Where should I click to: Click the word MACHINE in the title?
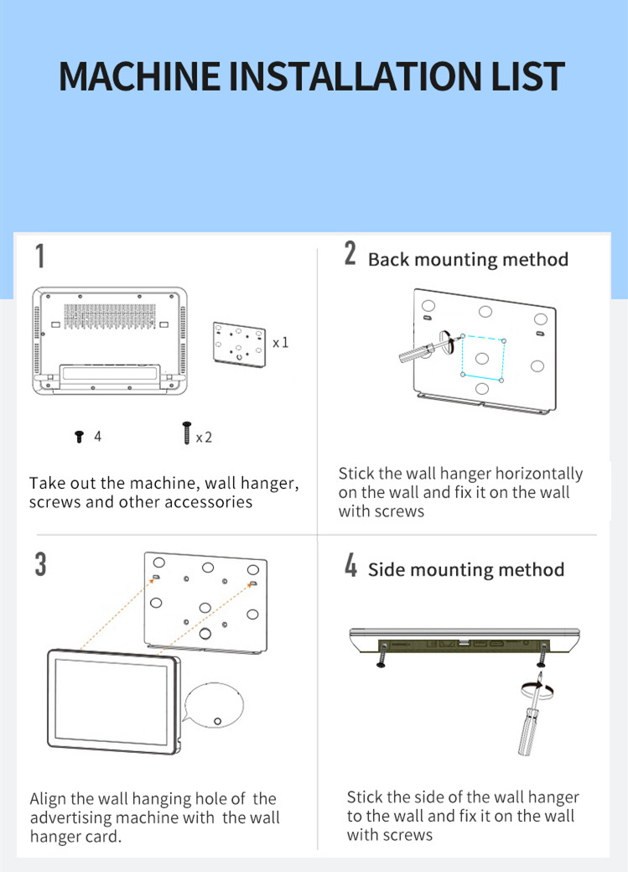pyautogui.click(x=140, y=76)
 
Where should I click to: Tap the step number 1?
pyautogui.click(x=40, y=256)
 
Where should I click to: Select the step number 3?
pyautogui.click(x=40, y=564)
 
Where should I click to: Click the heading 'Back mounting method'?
pyautogui.click(x=468, y=260)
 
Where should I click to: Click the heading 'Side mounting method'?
pyautogui.click(x=466, y=569)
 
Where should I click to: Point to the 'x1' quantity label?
pyautogui.click(x=280, y=343)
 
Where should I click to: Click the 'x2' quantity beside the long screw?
pyautogui.click(x=204, y=438)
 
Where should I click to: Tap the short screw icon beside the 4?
pyautogui.click(x=79, y=437)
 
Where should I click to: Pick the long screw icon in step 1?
pyautogui.click(x=186, y=433)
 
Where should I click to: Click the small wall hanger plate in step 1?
pyautogui.click(x=239, y=345)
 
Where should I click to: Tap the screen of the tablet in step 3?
pyautogui.click(x=112, y=701)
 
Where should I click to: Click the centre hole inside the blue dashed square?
pyautogui.click(x=482, y=357)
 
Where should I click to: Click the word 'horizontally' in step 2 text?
pyautogui.click(x=539, y=474)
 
